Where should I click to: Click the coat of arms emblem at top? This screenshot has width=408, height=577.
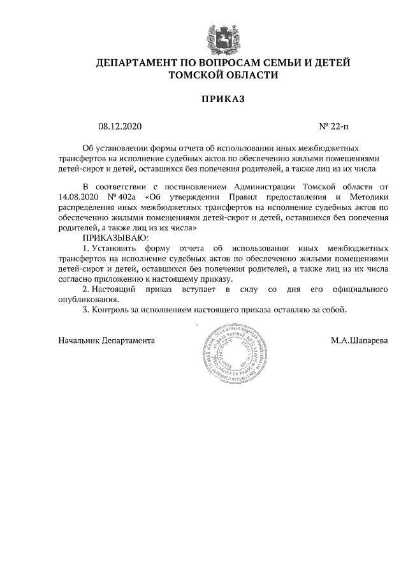[x=222, y=38]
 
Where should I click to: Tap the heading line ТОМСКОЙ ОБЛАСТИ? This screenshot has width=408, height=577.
[x=222, y=75]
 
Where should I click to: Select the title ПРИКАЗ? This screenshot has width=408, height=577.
[x=223, y=99]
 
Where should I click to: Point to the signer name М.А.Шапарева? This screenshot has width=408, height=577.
[x=359, y=340]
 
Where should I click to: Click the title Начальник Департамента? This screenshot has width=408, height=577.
[x=106, y=340]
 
